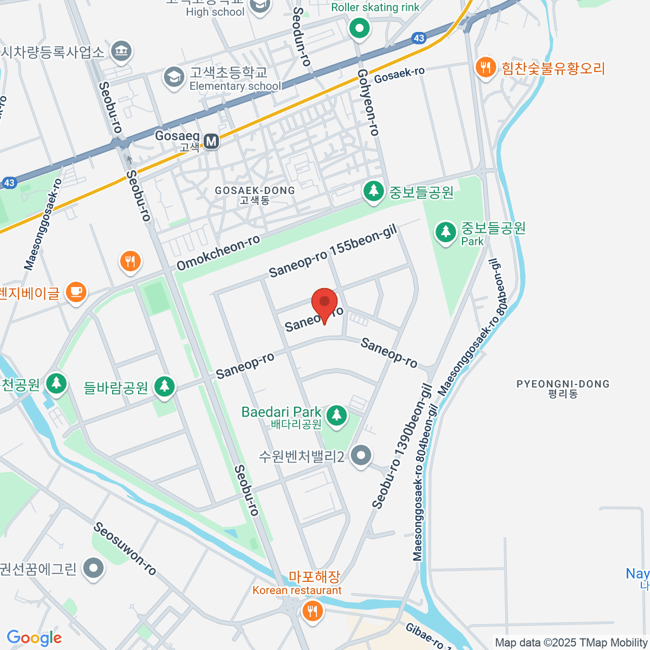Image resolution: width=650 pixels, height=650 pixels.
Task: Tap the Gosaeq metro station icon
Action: point(211,142)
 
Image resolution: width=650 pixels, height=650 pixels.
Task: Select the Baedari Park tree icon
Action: point(337,415)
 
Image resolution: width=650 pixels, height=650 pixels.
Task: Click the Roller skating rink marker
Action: point(359,27)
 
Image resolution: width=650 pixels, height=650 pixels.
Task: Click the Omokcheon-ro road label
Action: point(218,252)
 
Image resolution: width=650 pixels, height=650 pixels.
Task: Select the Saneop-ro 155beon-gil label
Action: point(333,251)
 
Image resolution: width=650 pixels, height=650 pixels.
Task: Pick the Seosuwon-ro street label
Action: point(125,549)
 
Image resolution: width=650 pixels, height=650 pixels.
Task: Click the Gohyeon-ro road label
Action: point(368,102)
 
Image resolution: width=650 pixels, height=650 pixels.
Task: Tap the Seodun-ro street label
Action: point(302,37)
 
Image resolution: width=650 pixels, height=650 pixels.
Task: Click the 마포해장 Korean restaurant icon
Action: point(313,611)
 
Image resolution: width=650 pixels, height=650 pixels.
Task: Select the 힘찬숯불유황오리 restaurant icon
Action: point(485,68)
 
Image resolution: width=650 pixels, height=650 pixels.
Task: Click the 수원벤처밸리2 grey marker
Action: point(360,456)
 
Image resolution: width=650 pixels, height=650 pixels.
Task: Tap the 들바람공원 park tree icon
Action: point(164,387)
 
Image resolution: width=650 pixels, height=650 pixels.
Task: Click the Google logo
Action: point(34,638)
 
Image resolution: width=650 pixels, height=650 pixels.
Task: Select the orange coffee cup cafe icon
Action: point(76,292)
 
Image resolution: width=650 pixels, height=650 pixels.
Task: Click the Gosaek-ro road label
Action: point(399,75)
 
